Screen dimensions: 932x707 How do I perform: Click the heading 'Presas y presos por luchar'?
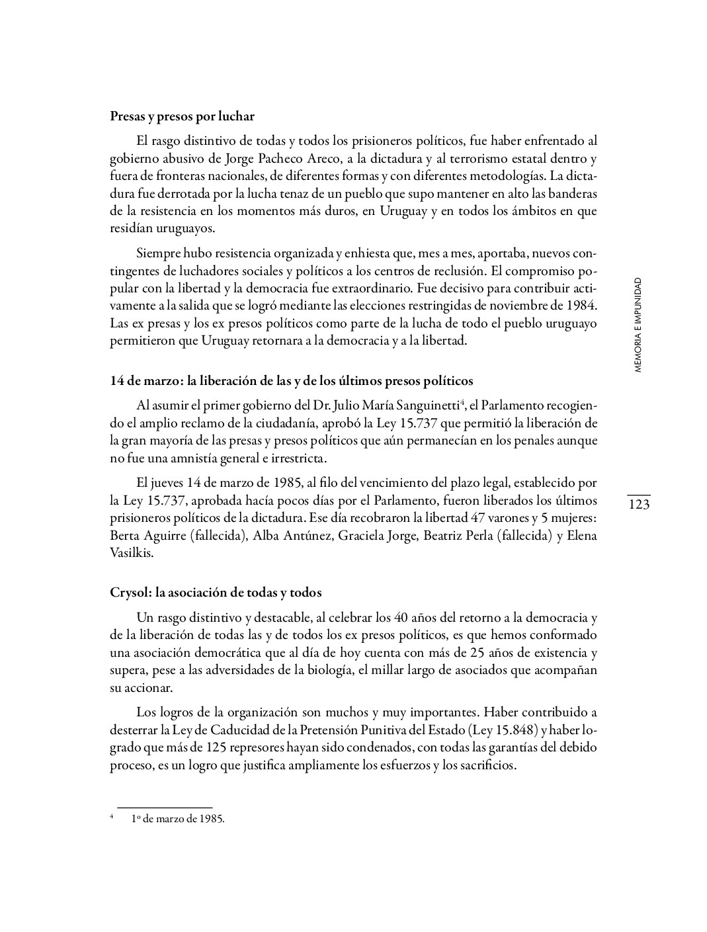[x=182, y=116]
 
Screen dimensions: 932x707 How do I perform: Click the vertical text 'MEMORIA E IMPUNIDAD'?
[x=638, y=325]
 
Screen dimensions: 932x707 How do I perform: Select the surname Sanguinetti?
[x=419, y=405]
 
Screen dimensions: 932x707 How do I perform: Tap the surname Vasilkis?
[x=131, y=552]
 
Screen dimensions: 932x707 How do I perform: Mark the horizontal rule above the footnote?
[x=164, y=808]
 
